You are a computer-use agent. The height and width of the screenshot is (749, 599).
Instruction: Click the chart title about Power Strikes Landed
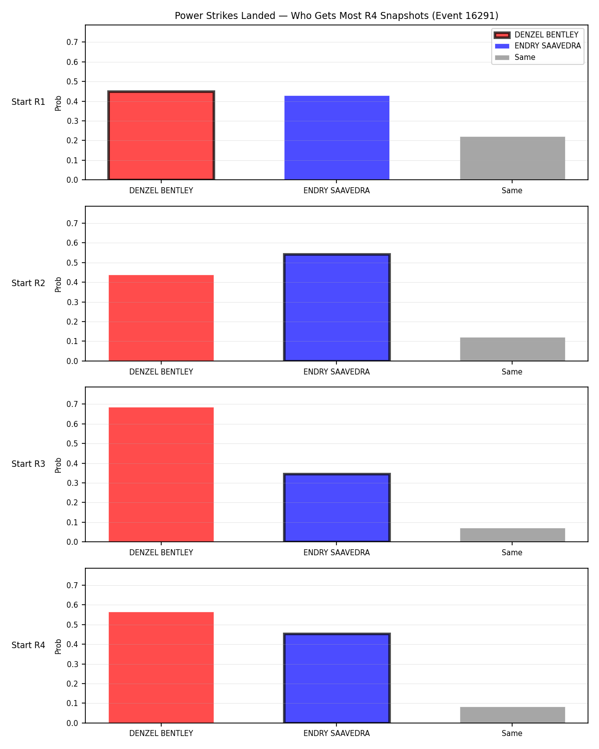coord(336,15)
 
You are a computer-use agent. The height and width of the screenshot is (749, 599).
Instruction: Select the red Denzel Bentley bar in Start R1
coord(161,135)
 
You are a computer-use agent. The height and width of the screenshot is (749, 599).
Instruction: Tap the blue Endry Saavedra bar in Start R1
coord(336,138)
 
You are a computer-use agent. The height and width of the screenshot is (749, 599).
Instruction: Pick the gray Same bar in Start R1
coord(512,158)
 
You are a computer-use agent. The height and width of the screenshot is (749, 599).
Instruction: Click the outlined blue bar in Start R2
coord(336,307)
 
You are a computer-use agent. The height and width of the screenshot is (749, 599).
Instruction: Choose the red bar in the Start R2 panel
coord(161,318)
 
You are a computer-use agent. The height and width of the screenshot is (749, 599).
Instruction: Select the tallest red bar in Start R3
coord(161,474)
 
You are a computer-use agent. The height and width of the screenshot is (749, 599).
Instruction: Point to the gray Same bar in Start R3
coord(512,535)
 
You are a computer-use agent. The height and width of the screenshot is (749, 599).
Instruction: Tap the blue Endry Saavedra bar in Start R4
coord(336,678)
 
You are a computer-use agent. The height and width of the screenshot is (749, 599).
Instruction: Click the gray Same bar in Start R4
coord(512,715)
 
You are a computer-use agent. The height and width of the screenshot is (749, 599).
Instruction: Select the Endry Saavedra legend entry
coord(538,46)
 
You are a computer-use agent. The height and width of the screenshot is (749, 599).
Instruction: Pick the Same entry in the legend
coord(515,57)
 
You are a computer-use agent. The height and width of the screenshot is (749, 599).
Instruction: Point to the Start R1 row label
coord(28,102)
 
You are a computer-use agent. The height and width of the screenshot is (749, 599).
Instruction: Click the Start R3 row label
coord(28,464)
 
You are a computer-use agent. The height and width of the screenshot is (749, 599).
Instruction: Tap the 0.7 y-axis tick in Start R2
coord(72,223)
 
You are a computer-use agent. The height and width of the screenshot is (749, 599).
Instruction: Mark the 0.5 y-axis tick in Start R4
coord(72,625)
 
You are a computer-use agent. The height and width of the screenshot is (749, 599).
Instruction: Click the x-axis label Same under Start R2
coord(512,372)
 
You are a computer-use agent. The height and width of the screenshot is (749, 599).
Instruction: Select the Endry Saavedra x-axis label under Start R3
coord(336,553)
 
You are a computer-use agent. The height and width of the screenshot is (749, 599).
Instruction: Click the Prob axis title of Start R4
coord(58,646)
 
